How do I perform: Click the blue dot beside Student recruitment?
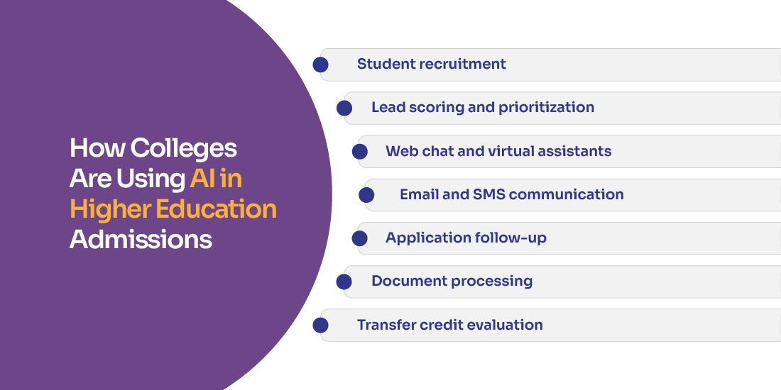(x=320, y=65)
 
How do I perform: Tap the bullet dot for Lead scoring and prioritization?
(x=344, y=108)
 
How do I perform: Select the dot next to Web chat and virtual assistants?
(x=360, y=152)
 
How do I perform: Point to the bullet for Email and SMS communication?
(x=366, y=195)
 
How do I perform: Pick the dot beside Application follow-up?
(x=360, y=238)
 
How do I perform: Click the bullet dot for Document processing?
(x=344, y=282)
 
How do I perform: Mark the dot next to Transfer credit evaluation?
(x=320, y=325)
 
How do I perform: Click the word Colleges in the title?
(x=184, y=149)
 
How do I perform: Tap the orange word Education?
(x=216, y=209)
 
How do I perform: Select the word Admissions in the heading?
(x=141, y=239)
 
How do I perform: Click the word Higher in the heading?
(x=111, y=210)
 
